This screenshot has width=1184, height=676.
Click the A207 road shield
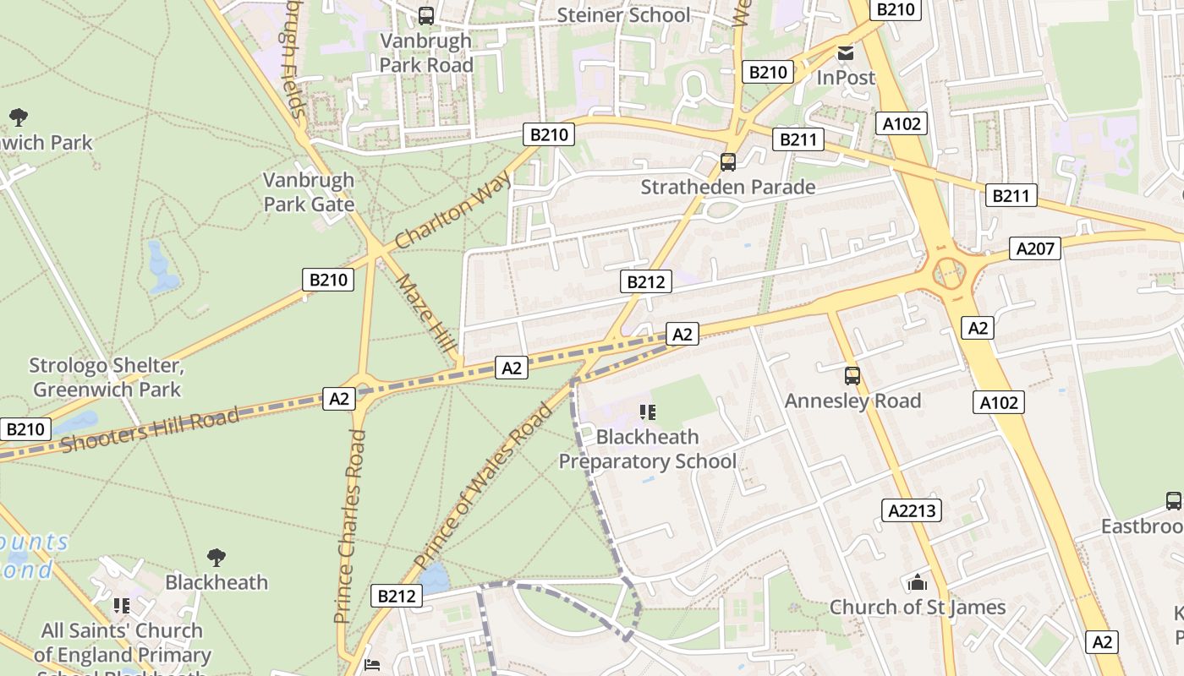[1034, 248]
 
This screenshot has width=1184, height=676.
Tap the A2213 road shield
[913, 510]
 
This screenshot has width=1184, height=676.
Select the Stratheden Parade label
[727, 187]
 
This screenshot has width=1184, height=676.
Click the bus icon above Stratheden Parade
[727, 162]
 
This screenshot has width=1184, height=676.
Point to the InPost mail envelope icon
[845, 53]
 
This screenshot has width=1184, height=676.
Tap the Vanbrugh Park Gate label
[309, 192]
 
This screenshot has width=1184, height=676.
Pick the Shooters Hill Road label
[150, 431]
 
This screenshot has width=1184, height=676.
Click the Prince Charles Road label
[351, 526]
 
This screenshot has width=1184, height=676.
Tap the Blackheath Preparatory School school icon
[648, 412]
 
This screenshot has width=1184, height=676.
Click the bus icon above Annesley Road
[852, 376]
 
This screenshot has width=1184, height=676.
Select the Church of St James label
[918, 607]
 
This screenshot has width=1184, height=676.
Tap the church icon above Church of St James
[918, 583]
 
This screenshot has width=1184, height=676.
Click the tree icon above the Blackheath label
[217, 557]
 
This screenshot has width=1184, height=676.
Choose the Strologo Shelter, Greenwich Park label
[106, 378]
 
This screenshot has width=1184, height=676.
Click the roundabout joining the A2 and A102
[949, 273]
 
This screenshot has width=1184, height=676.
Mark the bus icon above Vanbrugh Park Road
[426, 15]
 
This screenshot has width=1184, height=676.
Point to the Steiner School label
[623, 15]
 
